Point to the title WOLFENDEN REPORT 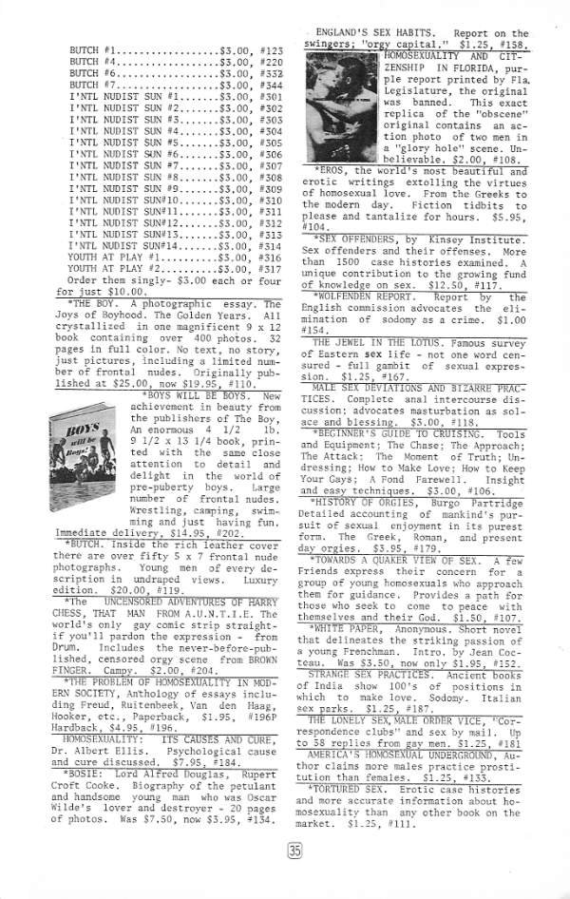(x=366, y=297)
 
